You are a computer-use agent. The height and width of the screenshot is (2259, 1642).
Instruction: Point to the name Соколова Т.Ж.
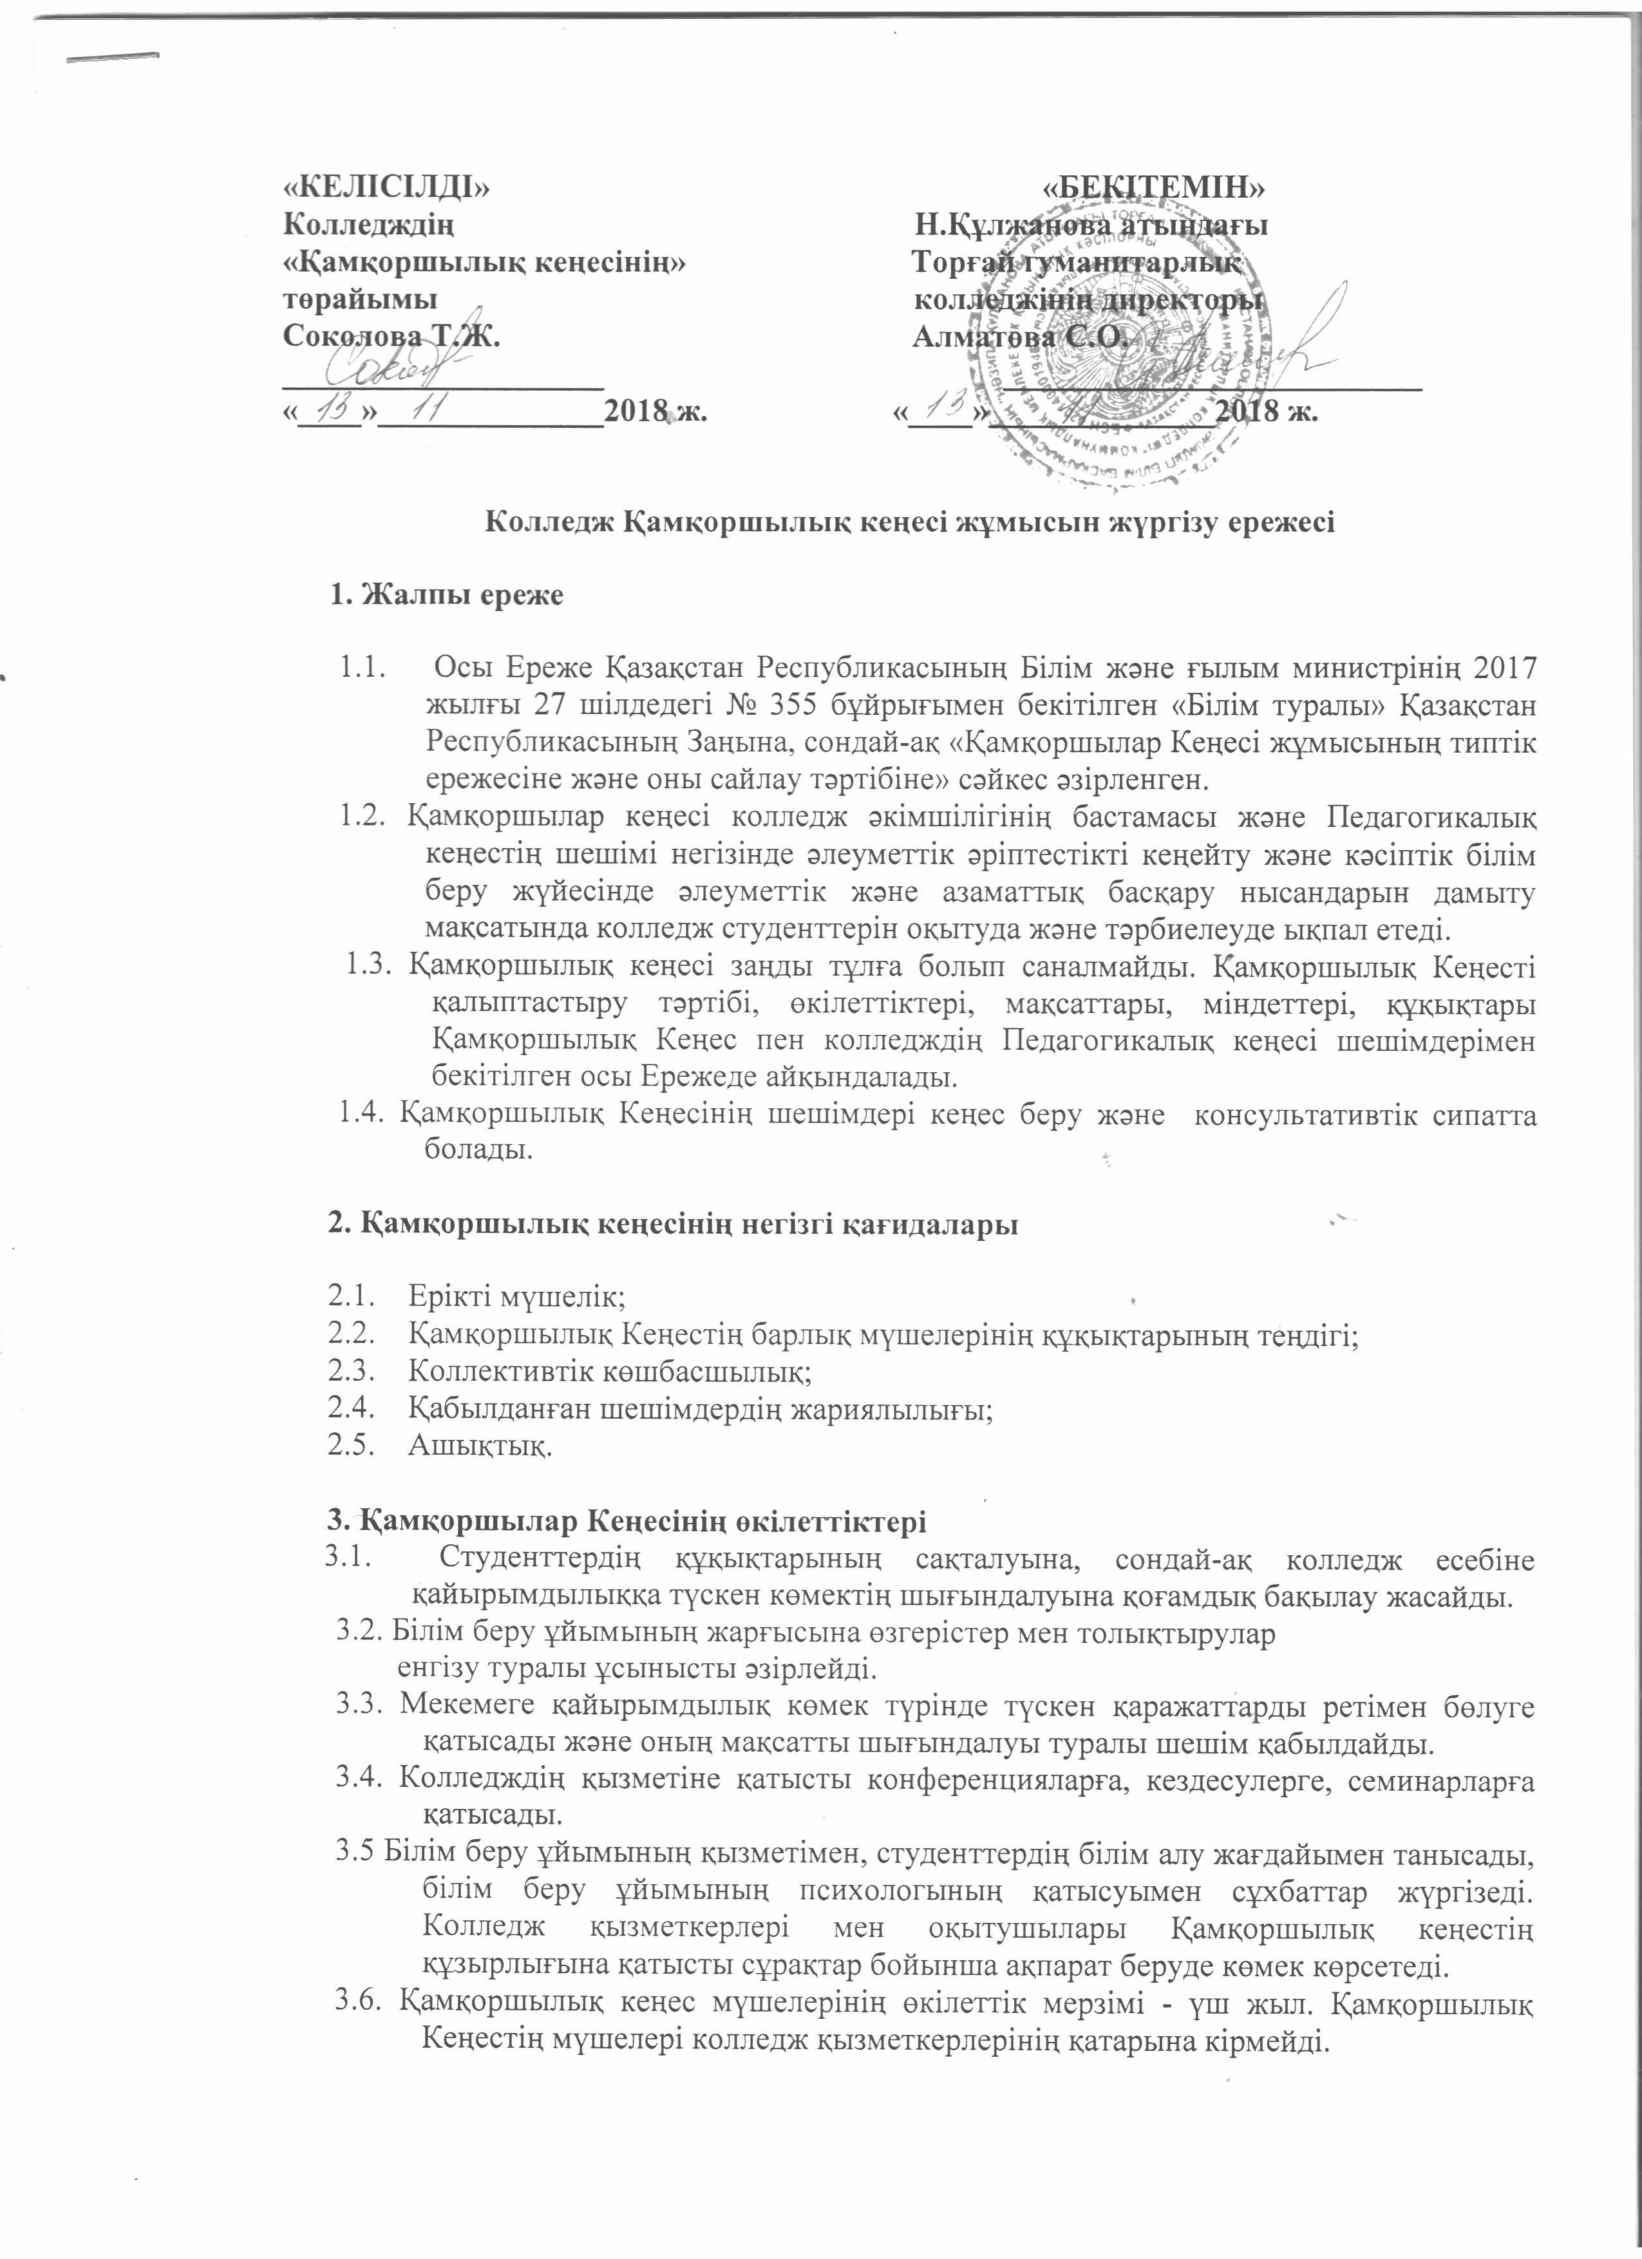(392, 337)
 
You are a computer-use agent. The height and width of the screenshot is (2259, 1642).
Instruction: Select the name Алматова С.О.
(1021, 337)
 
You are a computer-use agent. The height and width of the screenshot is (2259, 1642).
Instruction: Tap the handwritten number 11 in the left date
(430, 406)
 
